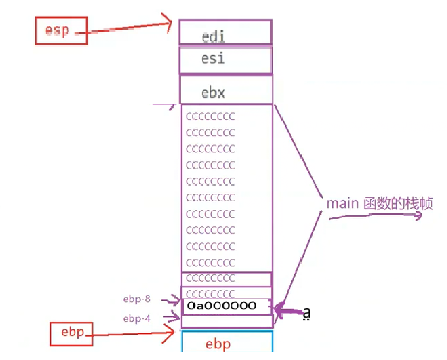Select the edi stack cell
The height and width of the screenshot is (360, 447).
click(x=225, y=32)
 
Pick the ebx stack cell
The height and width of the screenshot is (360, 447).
click(x=226, y=90)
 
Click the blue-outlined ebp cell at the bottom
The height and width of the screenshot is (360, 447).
click(x=227, y=342)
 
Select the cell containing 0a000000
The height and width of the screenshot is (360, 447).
click(x=226, y=306)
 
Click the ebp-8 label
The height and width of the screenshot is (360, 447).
click(x=137, y=300)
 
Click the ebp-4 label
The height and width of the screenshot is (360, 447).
click(x=137, y=318)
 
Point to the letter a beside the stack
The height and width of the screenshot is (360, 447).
click(x=306, y=313)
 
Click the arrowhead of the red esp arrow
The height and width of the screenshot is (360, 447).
click(x=169, y=22)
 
